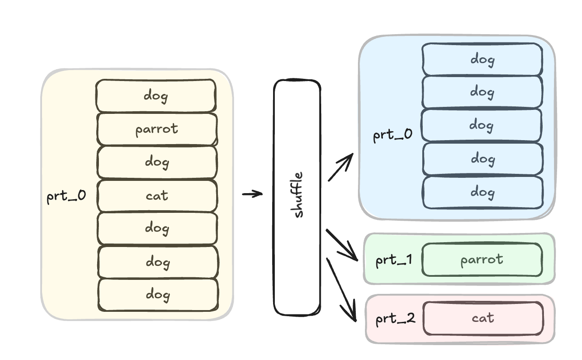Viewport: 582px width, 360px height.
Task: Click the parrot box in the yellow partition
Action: click(157, 129)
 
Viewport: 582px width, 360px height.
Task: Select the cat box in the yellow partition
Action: click(157, 195)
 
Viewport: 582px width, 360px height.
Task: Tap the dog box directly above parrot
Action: click(156, 96)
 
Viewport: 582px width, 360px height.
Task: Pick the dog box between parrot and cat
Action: click(157, 162)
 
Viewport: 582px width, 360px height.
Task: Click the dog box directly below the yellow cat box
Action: click(157, 228)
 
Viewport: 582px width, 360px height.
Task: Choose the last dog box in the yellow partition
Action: click(158, 295)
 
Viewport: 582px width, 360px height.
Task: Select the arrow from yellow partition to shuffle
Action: click(252, 194)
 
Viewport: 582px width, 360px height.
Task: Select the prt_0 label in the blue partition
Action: click(393, 134)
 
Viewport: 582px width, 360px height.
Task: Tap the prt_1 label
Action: click(394, 261)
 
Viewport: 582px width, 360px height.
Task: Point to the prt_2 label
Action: click(395, 319)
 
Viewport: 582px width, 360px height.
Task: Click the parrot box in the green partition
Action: click(482, 260)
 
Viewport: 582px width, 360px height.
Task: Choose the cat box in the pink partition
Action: click(483, 318)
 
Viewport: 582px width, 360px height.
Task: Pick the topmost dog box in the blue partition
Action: click(482, 59)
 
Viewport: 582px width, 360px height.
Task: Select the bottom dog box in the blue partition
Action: click(482, 192)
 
